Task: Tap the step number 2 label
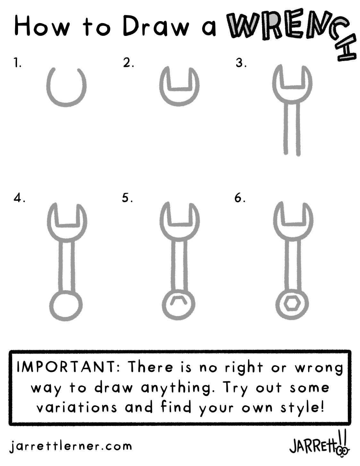(128, 63)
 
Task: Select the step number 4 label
(20, 198)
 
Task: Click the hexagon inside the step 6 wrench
(292, 304)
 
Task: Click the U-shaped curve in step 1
(66, 106)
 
